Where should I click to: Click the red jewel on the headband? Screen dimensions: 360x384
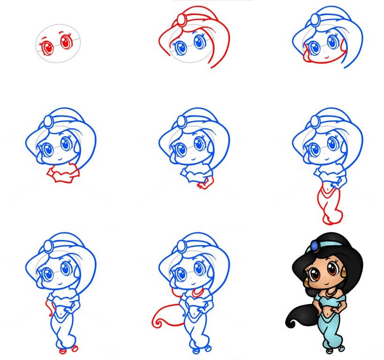[x=181, y=20]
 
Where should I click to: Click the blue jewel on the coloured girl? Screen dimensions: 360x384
[x=313, y=245]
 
